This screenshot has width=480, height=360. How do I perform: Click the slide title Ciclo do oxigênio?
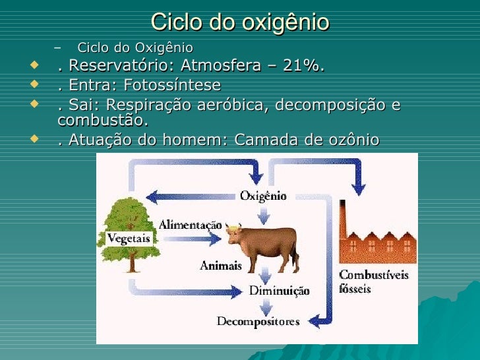pos(240,22)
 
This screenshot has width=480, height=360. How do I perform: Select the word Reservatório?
pos(117,67)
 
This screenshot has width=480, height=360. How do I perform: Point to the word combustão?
pos(103,121)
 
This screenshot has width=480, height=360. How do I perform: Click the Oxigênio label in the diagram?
pos(263,195)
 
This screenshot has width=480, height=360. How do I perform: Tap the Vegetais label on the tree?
pos(129,238)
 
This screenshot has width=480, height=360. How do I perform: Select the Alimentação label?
pos(190,224)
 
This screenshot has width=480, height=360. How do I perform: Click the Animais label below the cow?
pos(222,266)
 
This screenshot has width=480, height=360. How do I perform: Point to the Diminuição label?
pos(279,290)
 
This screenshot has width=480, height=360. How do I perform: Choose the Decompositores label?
pos(258,322)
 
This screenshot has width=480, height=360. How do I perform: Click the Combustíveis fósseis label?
pos(373,281)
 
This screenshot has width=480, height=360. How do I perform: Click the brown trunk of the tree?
pos(134,260)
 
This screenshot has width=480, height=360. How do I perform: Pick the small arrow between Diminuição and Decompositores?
pos(265,306)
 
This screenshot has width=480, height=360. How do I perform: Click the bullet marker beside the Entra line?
pos(34,85)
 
